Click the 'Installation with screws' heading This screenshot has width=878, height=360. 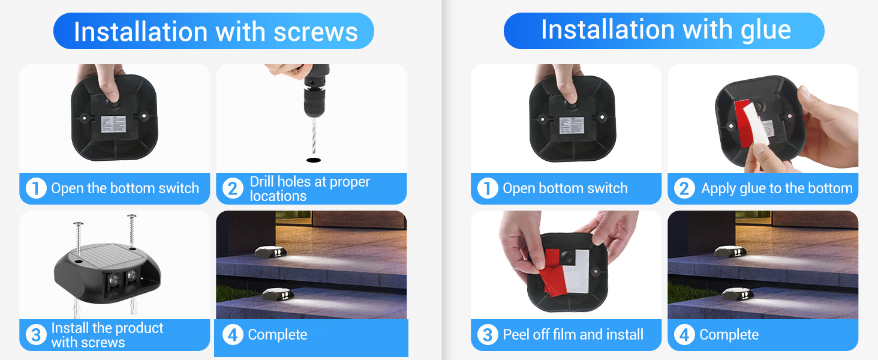pos(215,31)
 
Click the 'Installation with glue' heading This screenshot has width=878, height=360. pos(666,30)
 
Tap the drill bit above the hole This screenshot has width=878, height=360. pos(313,136)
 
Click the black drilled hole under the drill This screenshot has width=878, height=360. pos(313,160)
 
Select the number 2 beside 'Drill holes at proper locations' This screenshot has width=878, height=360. pos(233,188)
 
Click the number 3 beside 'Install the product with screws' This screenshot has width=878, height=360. pos(36,335)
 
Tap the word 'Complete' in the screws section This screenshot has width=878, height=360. pos(278,335)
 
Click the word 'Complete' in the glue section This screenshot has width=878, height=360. pos(729,335)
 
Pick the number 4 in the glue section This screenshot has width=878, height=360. pos(684,335)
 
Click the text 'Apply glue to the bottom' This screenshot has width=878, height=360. pos(777,188)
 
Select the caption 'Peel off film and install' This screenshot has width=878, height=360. pos(573,335)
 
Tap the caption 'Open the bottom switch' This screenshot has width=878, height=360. pos(125,188)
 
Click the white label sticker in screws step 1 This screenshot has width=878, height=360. pos(114,124)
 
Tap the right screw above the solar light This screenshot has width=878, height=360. pos(132,232)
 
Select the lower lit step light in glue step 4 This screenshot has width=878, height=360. pos(738,294)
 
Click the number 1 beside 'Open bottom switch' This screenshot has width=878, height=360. pos(488,188)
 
